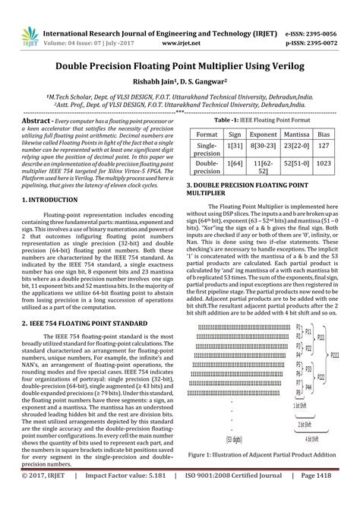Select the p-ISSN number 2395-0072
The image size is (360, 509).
[x=331, y=23]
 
